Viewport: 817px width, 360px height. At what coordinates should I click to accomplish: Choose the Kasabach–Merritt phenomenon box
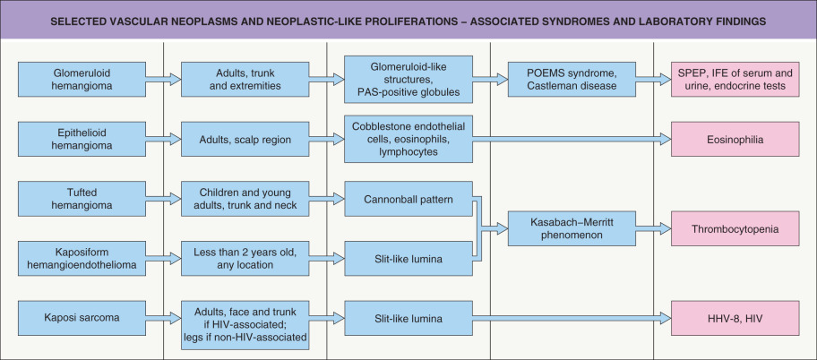[x=567, y=229]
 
